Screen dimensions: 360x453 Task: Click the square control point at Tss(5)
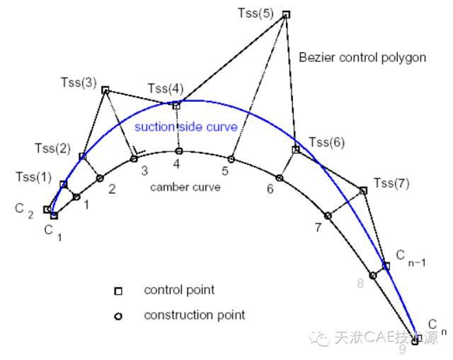tap(286, 14)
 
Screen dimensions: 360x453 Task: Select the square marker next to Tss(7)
tap(363, 190)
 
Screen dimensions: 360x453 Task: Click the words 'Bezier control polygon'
tap(362, 57)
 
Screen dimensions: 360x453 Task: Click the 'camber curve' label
tap(185, 187)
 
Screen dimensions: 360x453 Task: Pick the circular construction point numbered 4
tap(179, 151)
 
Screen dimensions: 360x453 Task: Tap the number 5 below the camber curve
tap(224, 170)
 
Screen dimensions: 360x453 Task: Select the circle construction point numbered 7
tap(328, 216)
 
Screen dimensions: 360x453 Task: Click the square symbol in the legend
tap(119, 291)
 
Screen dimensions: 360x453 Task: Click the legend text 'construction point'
tap(194, 315)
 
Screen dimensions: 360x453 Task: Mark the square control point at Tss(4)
tap(176, 105)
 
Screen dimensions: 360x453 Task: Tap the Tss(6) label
tap(327, 142)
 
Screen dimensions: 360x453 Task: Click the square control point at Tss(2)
tap(82, 156)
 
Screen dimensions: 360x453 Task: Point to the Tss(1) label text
tap(35, 175)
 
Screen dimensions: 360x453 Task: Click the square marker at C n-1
tap(386, 267)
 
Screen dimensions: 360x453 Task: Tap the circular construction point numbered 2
tap(100, 178)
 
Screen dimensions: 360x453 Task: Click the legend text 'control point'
tap(179, 290)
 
